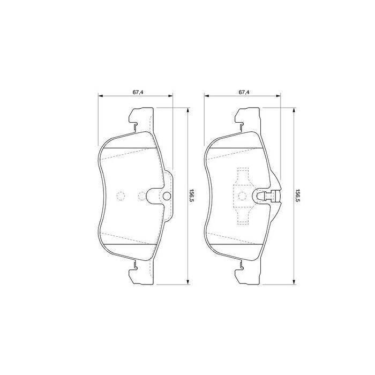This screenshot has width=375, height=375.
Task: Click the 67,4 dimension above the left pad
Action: point(138,92)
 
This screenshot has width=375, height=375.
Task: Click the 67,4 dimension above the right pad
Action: point(244,92)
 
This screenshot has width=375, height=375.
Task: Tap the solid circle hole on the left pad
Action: point(167,196)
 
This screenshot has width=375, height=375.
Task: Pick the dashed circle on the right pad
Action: point(243,196)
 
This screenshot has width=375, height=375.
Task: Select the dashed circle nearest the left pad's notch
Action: point(142,196)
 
